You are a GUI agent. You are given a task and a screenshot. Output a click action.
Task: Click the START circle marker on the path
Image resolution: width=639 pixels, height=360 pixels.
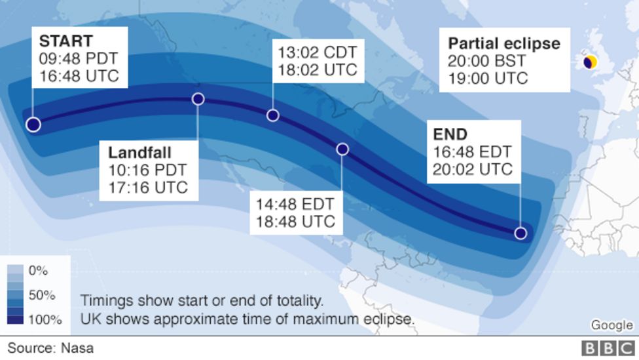coord(33,125)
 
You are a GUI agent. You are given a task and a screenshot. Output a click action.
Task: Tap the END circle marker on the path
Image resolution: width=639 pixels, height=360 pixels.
coord(520,233)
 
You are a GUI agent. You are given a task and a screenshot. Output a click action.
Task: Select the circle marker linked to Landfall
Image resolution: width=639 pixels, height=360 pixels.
coord(198,99)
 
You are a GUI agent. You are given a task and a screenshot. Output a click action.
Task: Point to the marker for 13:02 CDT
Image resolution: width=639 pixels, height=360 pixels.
coord(273,115)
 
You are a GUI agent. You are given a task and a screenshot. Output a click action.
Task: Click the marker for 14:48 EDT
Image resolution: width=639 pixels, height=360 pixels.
coord(342,150)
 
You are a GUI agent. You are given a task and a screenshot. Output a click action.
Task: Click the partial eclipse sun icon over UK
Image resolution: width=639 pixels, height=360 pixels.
coord(590,62)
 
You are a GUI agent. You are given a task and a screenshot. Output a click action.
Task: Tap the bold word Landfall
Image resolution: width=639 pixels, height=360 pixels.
coord(139,152)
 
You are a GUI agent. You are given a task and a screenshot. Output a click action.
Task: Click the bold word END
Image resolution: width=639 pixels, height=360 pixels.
coord(450,134)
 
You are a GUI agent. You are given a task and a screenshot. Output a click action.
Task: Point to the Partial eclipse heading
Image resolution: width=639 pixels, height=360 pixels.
coord(503,44)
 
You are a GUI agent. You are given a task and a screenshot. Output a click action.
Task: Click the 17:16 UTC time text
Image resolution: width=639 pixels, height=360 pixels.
coord(148,188)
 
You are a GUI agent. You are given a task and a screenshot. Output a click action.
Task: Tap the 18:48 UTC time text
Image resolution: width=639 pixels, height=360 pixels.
coord(297,221)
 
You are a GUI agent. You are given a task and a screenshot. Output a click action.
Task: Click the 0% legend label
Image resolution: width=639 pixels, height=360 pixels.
coord(38,270)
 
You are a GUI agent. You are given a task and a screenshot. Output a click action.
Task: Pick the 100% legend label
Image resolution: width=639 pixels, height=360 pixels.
coord(45,320)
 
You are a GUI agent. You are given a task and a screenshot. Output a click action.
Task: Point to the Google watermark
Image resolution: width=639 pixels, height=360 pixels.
coord(612,325)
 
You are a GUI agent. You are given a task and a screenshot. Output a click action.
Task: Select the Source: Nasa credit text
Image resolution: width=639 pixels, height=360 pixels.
coord(50,348)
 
